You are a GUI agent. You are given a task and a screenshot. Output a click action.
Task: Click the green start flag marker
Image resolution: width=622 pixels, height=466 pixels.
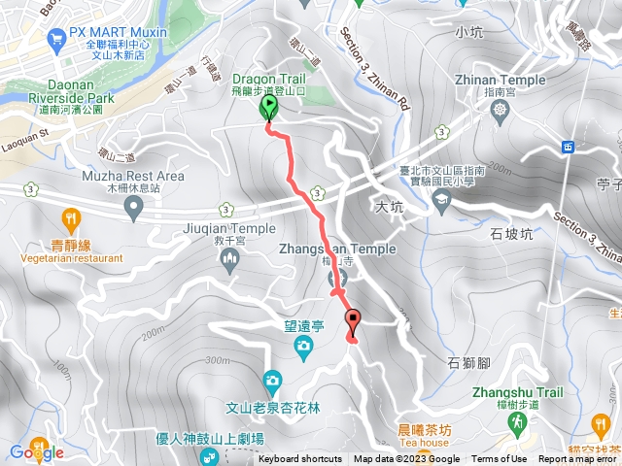(x=269, y=111)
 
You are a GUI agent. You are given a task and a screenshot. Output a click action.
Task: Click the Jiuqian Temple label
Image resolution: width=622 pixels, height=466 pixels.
(x=229, y=229)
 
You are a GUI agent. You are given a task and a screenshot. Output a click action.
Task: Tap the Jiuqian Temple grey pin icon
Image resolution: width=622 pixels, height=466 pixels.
(x=230, y=257)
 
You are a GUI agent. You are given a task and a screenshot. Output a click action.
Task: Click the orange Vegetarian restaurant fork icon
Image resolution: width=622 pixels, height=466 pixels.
(x=69, y=217)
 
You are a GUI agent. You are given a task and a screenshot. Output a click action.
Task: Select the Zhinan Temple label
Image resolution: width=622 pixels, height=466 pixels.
(x=500, y=81)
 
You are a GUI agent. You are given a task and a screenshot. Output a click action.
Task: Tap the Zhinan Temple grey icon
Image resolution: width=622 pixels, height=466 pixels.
(x=500, y=108)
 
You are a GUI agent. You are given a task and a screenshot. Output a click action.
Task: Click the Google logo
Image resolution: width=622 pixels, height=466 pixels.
(x=37, y=451)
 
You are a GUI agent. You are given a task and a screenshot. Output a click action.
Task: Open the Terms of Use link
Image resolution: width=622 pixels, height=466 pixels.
(x=500, y=459)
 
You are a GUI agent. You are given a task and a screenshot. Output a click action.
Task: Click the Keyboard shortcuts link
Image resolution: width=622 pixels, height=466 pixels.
(x=300, y=459)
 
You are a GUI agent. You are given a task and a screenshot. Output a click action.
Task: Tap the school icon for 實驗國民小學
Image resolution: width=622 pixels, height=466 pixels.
(x=442, y=201)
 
